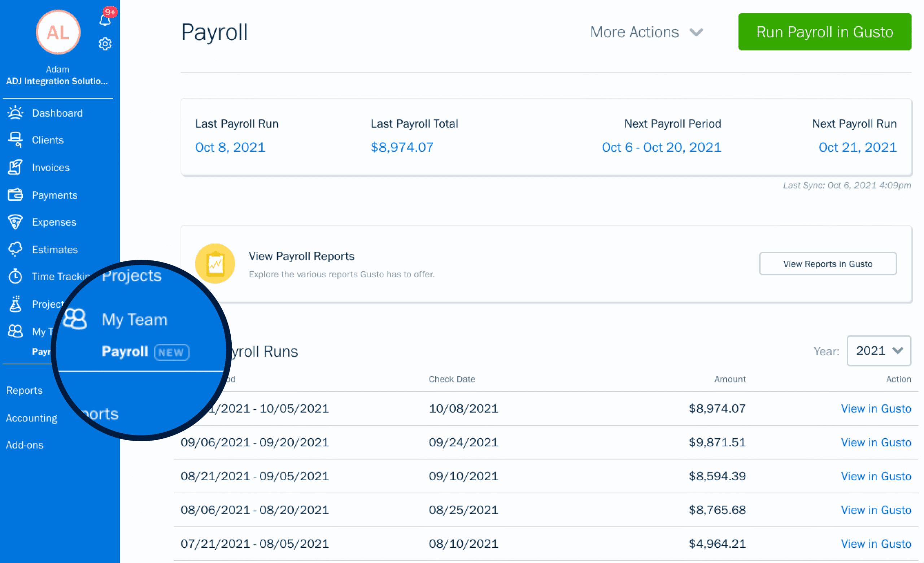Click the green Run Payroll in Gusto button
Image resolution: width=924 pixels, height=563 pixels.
coord(824,32)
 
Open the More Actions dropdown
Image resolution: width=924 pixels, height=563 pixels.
coord(646,32)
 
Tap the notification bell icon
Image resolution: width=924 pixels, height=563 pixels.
coord(105,20)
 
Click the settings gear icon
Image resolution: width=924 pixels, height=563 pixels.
coord(105,44)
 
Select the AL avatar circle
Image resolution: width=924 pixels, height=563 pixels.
coord(58,32)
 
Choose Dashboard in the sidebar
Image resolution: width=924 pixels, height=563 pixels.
coord(57,113)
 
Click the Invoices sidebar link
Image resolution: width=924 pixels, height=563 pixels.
coord(51,167)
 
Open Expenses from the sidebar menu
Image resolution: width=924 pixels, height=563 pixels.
coord(54,222)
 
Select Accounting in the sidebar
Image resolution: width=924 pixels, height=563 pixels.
coord(31,418)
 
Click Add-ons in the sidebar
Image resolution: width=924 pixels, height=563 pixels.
coord(25,445)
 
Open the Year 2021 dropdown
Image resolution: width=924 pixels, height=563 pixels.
coord(878,351)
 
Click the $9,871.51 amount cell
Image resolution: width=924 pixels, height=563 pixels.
coord(717,442)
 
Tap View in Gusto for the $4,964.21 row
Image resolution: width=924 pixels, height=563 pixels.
coord(876,543)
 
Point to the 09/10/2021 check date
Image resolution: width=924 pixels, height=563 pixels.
coord(463,476)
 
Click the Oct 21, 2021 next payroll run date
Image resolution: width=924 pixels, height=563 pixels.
coord(857,147)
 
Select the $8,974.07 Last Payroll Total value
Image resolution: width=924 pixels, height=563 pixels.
coord(402,147)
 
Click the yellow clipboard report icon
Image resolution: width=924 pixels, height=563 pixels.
coord(215,264)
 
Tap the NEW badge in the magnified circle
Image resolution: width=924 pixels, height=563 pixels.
coord(172,352)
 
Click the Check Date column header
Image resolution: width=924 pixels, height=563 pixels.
coord(452,379)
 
